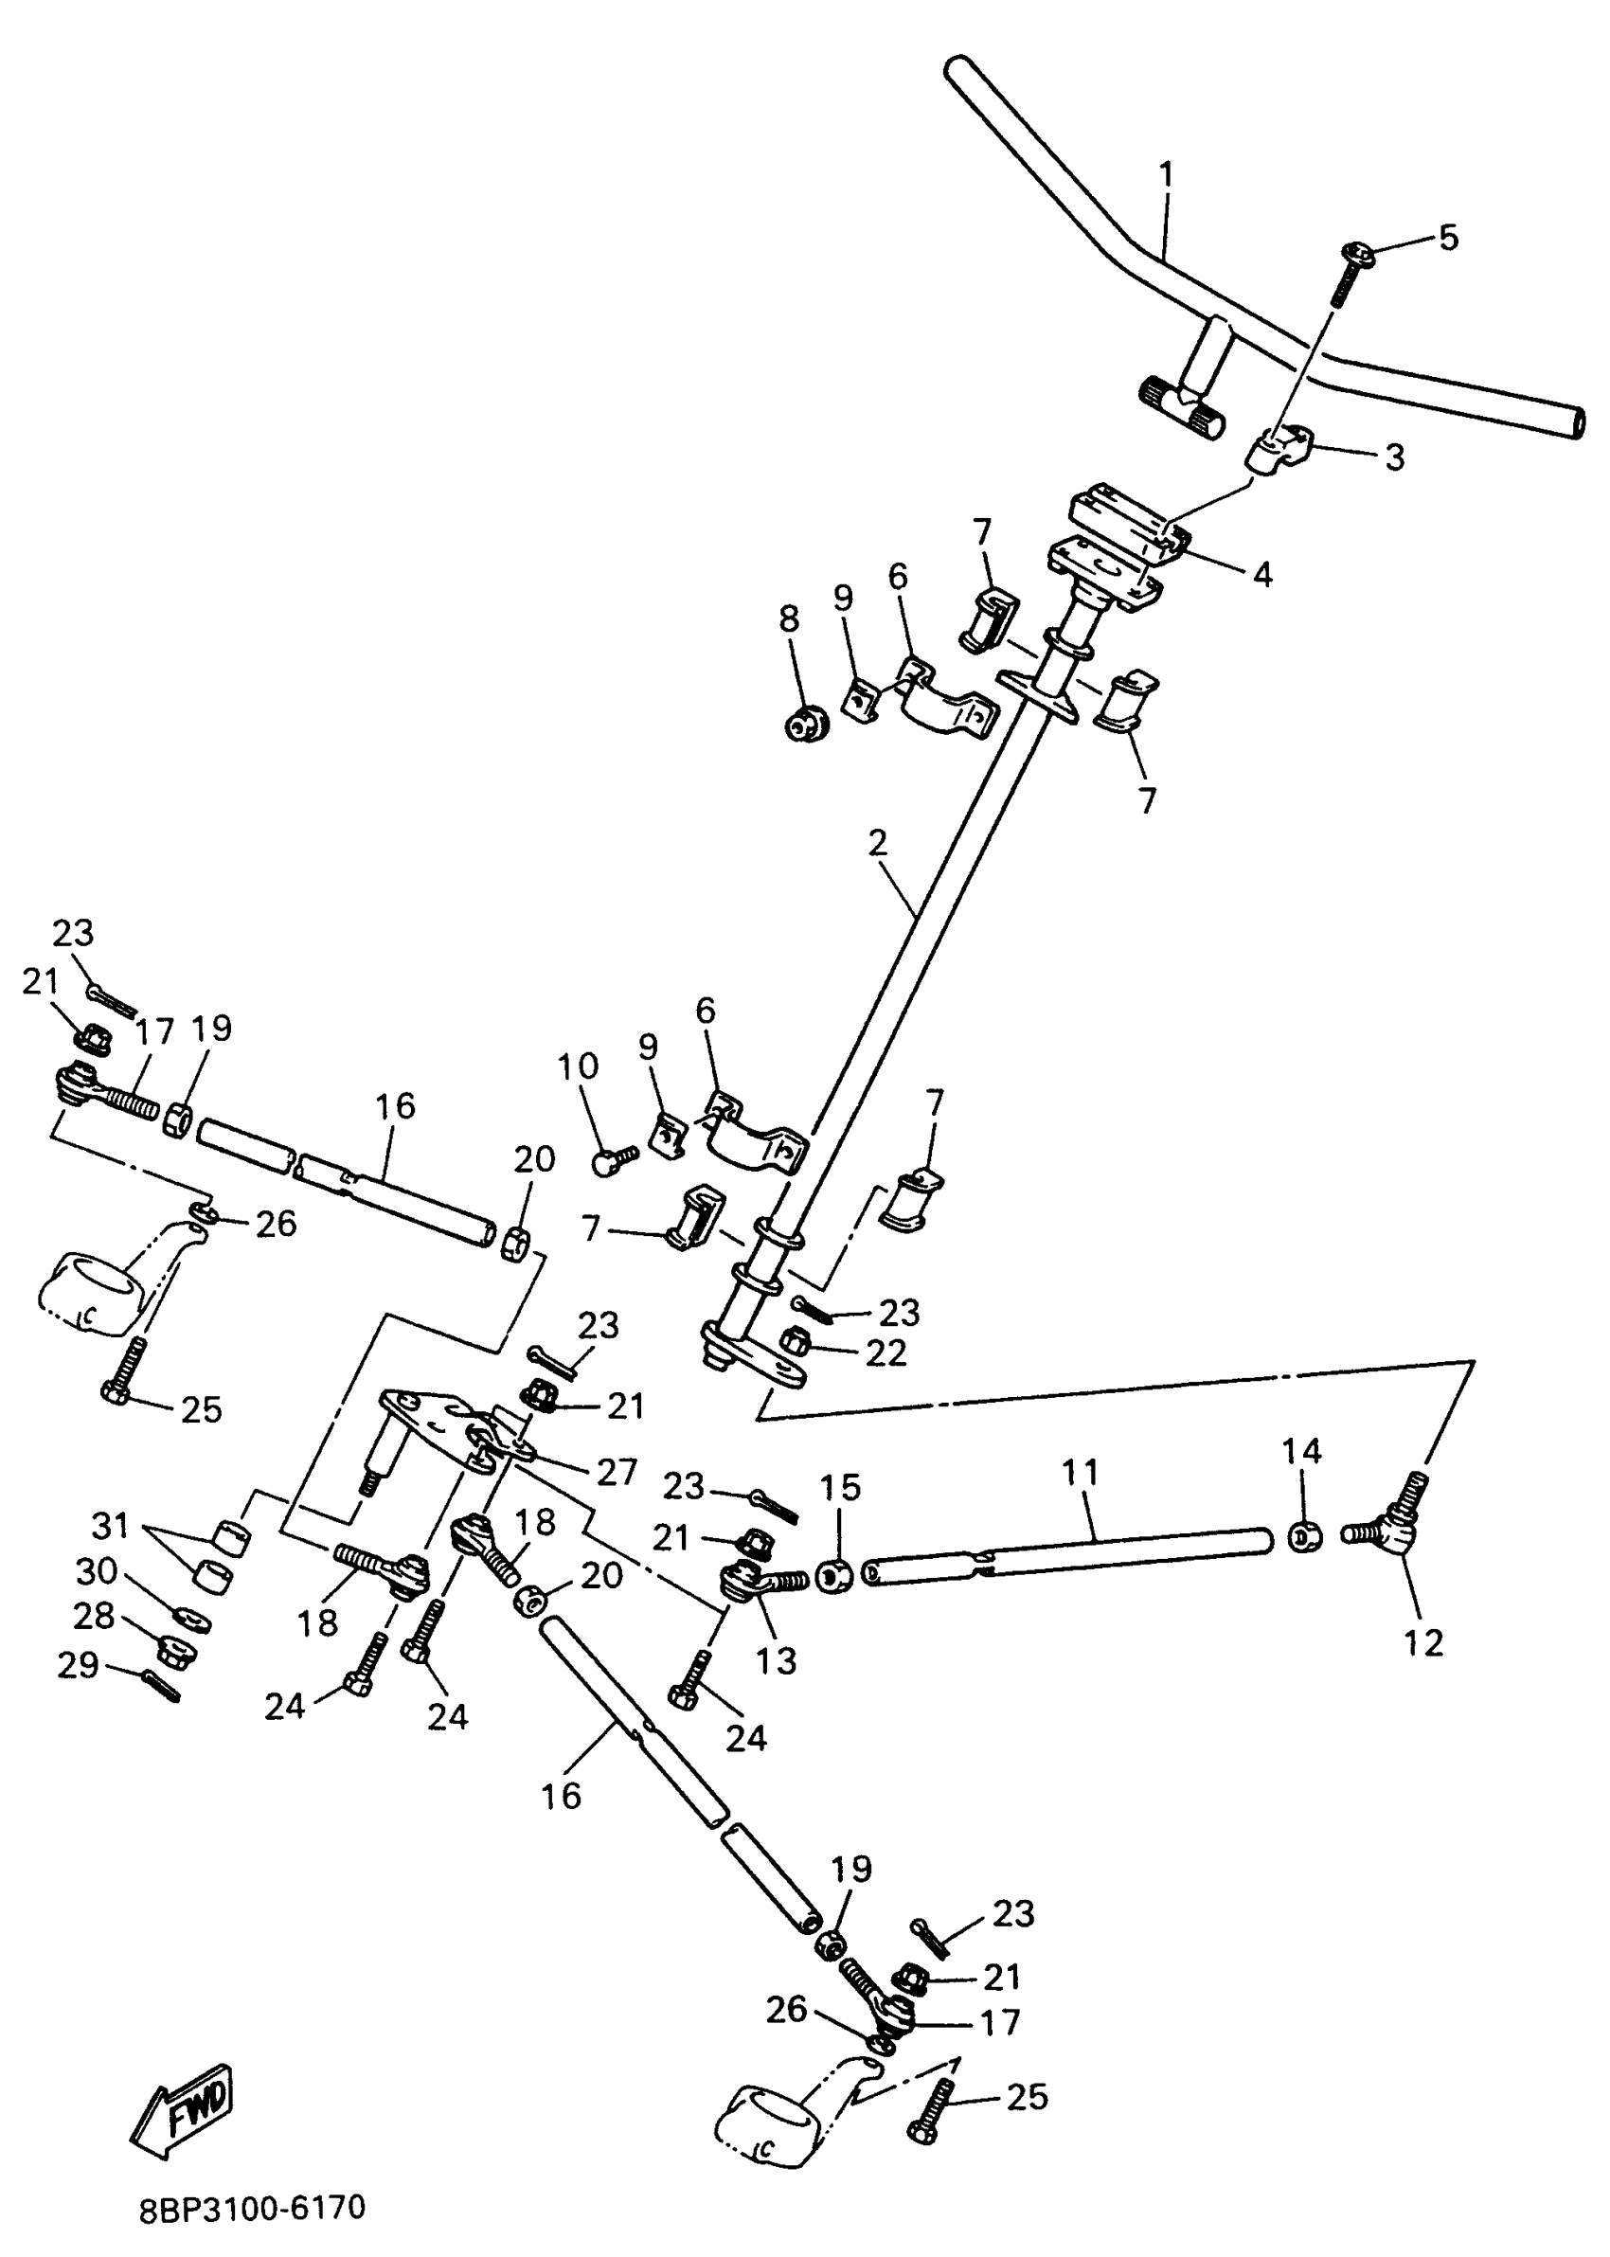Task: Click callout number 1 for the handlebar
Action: pyautogui.click(x=1166, y=174)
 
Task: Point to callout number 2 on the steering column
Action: pyautogui.click(x=877, y=844)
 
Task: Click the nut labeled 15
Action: pyautogui.click(x=834, y=1575)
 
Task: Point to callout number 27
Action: pyautogui.click(x=616, y=1472)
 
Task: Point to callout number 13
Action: pyautogui.click(x=777, y=1660)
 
